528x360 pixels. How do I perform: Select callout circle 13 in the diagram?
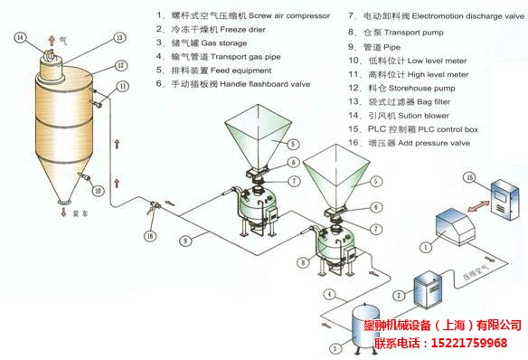[118, 38]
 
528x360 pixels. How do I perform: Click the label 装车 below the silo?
[74, 212]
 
